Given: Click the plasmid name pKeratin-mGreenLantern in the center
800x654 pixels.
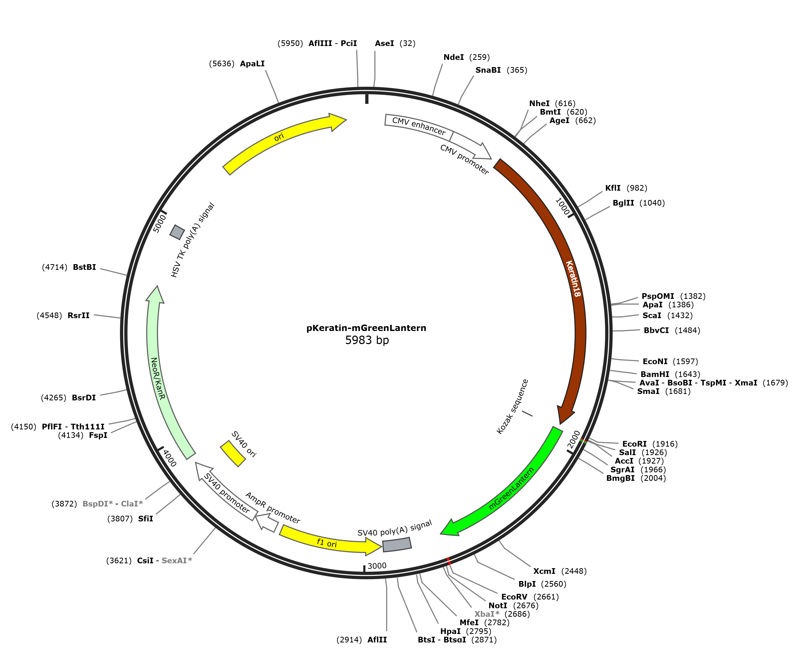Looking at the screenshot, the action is click(366, 328).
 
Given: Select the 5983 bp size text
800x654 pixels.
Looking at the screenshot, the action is click(367, 340).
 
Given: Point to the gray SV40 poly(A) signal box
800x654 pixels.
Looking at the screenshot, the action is click(397, 544).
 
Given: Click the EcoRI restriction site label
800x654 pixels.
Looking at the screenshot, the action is click(634, 444).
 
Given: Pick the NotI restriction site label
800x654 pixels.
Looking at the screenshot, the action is click(498, 605).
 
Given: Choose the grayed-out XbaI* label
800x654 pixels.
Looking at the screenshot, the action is click(487, 614).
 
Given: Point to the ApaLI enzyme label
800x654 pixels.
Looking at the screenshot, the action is click(252, 64).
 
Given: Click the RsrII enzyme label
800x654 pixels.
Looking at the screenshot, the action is click(78, 315).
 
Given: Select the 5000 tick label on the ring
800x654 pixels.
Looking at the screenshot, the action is click(160, 223).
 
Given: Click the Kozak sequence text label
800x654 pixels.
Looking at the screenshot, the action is click(513, 407).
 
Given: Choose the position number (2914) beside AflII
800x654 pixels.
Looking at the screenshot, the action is click(349, 640).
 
